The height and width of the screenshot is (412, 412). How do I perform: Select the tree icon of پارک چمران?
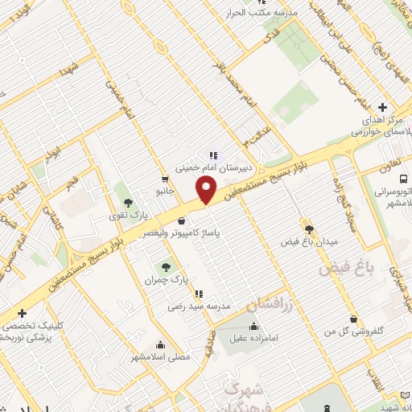[x=165, y=266]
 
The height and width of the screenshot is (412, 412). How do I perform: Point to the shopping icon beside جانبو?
[x=165, y=179]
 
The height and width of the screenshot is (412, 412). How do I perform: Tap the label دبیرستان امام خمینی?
[x=215, y=168]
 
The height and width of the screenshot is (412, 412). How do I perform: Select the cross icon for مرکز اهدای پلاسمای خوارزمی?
[x=382, y=107]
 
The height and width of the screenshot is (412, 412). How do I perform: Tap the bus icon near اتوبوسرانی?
[x=403, y=178]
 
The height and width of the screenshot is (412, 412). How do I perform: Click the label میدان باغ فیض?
[x=309, y=241]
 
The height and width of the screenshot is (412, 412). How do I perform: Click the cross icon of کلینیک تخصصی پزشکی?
[x=22, y=313]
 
